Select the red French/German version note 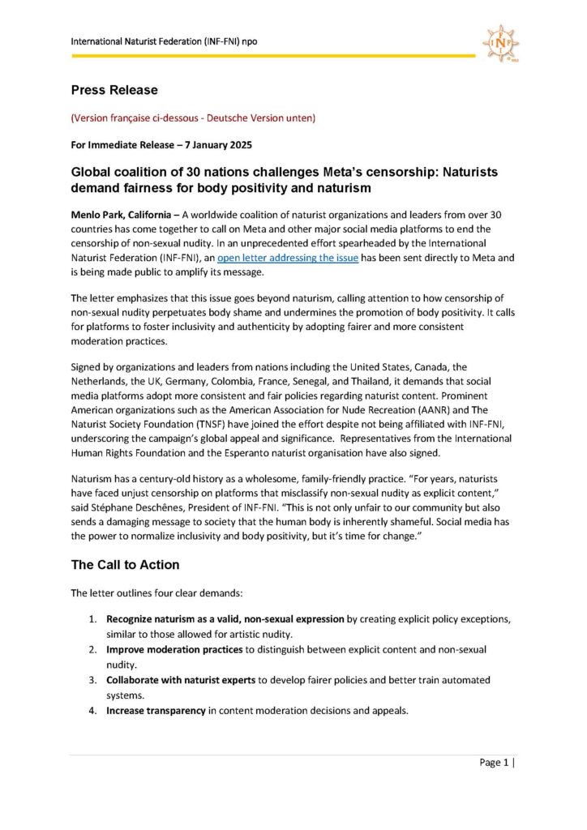tap(193, 118)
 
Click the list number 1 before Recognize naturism tap(93, 619)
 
